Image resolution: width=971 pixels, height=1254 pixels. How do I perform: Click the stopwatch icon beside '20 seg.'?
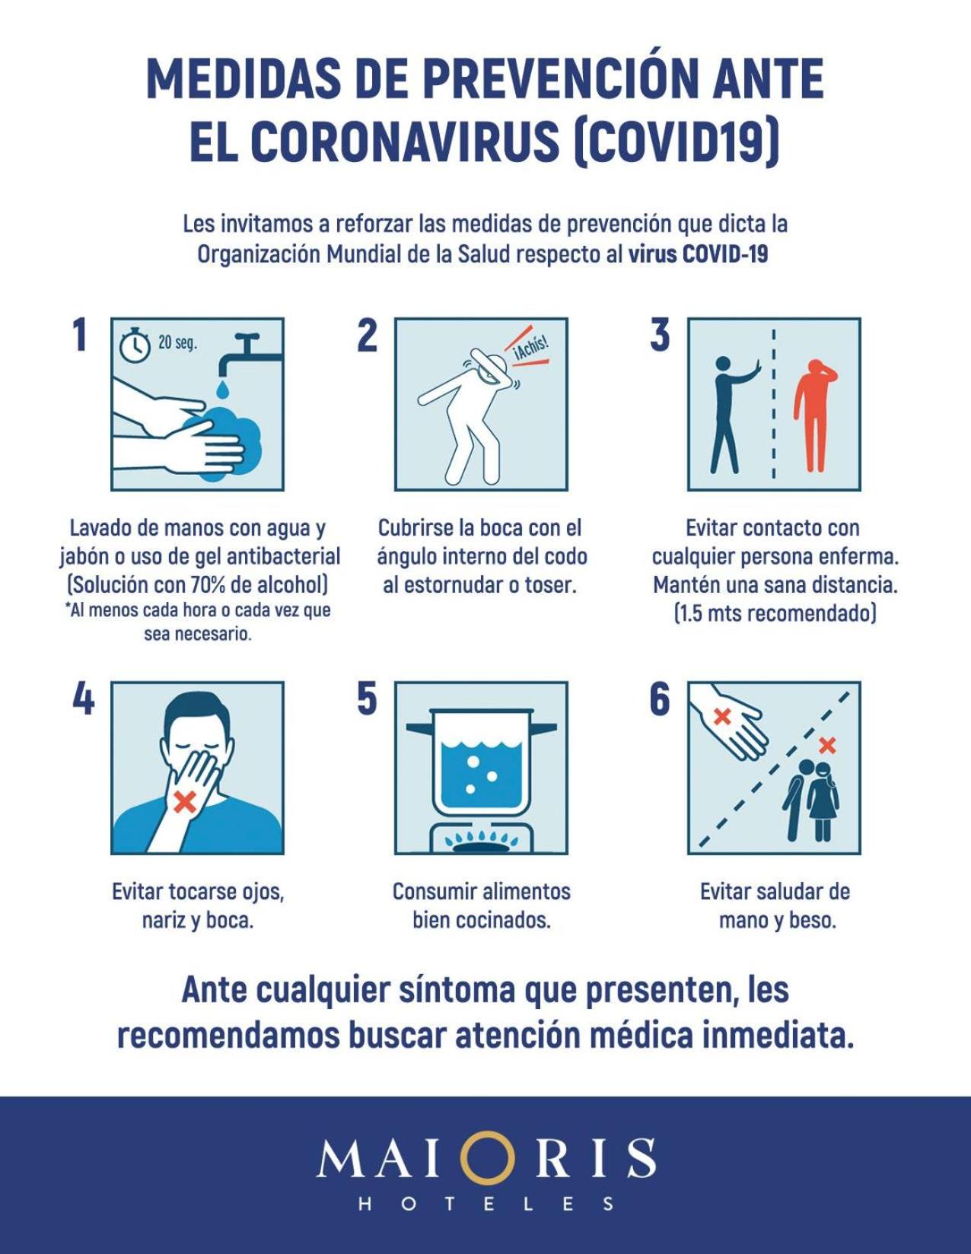point(135,345)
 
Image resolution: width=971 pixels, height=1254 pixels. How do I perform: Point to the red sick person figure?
point(815,415)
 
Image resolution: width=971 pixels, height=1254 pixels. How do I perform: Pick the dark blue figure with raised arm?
point(731,415)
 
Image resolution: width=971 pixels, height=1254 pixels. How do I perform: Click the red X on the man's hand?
point(185,801)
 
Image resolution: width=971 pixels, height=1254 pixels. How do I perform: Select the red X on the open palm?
point(721,717)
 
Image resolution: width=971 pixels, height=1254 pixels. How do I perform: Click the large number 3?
point(660,336)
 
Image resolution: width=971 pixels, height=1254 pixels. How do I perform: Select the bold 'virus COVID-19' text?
point(698,255)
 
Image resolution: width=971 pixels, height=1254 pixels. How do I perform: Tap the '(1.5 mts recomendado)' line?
point(775,613)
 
